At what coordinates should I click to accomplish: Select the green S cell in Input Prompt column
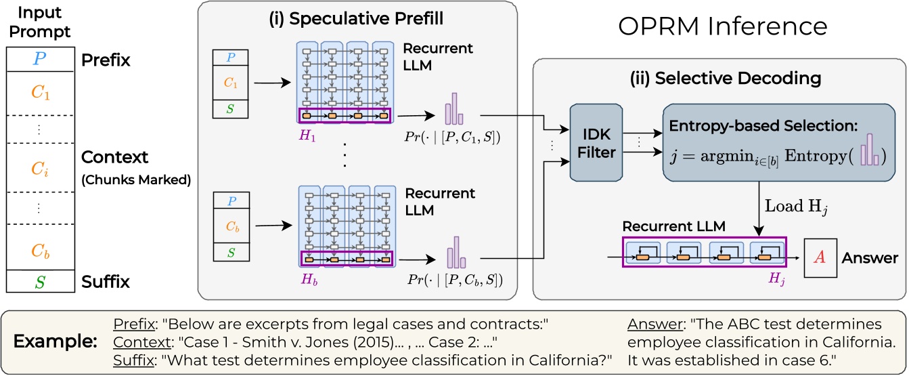click(40, 282)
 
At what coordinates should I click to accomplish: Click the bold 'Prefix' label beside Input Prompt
click(106, 60)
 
